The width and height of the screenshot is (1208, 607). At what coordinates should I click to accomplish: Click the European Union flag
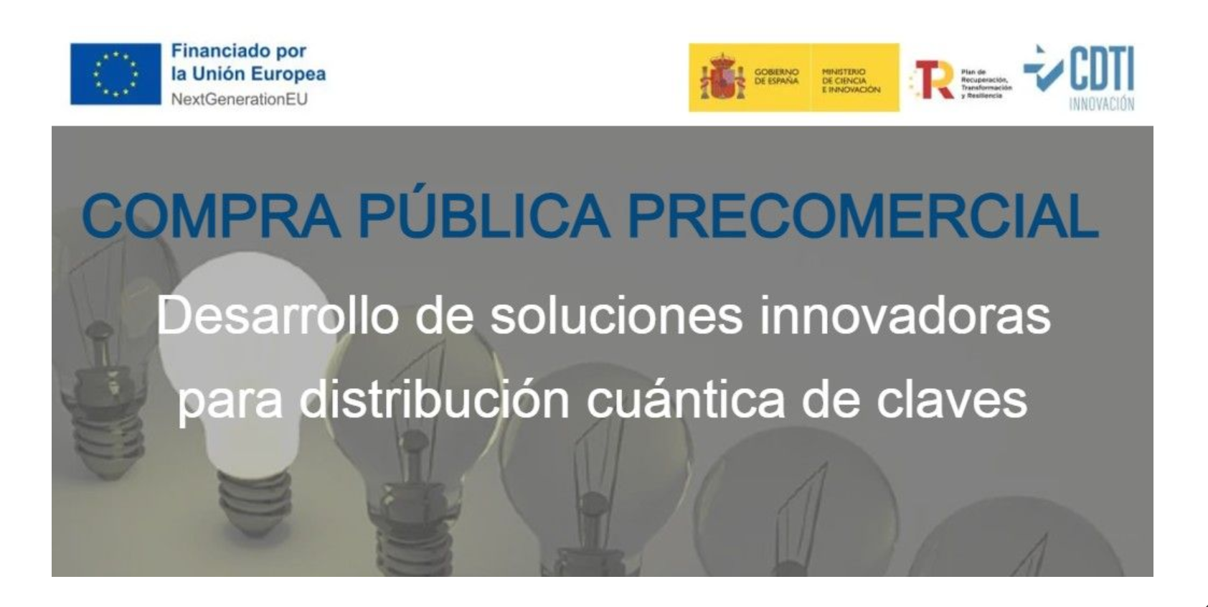click(x=115, y=74)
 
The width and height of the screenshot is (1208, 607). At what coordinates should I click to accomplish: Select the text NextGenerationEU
click(x=239, y=99)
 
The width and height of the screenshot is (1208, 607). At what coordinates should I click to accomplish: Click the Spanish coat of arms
click(x=722, y=77)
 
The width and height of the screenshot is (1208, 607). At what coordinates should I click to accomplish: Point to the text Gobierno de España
click(x=776, y=77)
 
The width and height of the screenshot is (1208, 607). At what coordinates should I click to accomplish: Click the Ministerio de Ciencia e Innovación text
click(x=851, y=80)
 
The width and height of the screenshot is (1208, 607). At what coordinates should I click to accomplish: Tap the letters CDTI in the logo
click(x=1103, y=69)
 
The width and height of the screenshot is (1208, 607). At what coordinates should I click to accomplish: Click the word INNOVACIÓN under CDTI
click(x=1101, y=104)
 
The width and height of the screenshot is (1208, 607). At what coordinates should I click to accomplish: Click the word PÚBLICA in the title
click(x=483, y=215)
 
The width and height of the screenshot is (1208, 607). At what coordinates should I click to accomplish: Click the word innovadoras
click(x=905, y=315)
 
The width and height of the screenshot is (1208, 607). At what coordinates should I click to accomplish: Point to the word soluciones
click(x=616, y=315)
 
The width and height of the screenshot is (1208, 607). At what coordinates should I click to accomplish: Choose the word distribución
click(x=435, y=400)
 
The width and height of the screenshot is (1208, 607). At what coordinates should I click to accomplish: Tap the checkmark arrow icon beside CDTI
click(x=1042, y=69)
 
